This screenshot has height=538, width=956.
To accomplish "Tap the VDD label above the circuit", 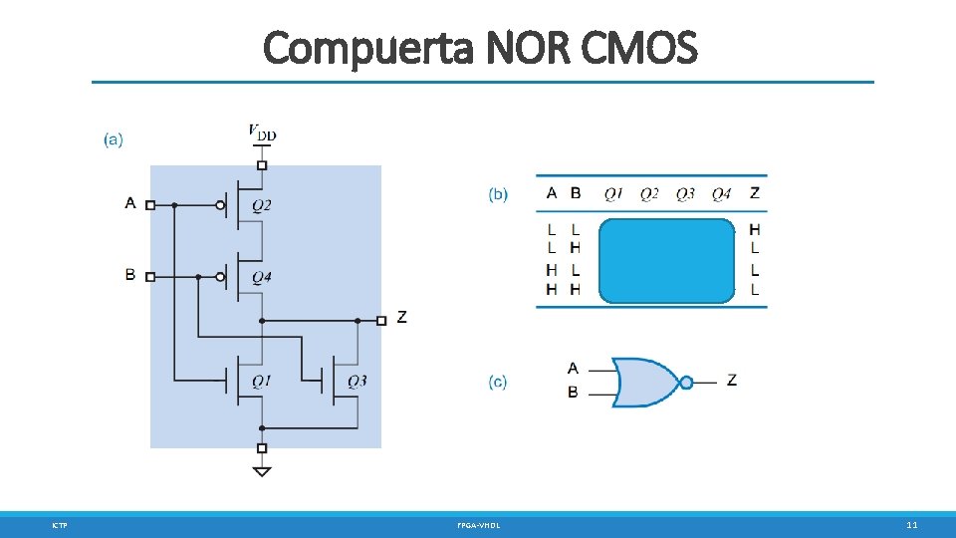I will pos(263,132).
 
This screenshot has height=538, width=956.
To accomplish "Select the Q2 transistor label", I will pos(262,206).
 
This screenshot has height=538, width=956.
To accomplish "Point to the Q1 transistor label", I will pos(262,381).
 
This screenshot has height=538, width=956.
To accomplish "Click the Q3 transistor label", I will pos(358,381).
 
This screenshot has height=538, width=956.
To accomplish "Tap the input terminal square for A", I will pos(150,205).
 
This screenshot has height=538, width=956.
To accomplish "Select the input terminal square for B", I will pos(150,277).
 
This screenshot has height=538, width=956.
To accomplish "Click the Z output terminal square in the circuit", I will pos(381,321).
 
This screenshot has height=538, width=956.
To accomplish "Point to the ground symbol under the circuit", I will pos(262,470).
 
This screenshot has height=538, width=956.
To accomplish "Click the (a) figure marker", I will pos(114,139).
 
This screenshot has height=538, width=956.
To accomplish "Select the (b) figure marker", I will pos(498,194).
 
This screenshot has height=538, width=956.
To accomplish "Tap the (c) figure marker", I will pos(498,382).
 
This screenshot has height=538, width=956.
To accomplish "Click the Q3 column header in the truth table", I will pos(685,194).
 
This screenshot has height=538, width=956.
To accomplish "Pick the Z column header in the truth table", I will pos(755,193).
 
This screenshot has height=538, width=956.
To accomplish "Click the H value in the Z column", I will pos(755,230).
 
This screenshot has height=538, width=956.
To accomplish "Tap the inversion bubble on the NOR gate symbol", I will pos(685,382).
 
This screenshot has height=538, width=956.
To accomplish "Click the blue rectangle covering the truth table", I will pos(666,260).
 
